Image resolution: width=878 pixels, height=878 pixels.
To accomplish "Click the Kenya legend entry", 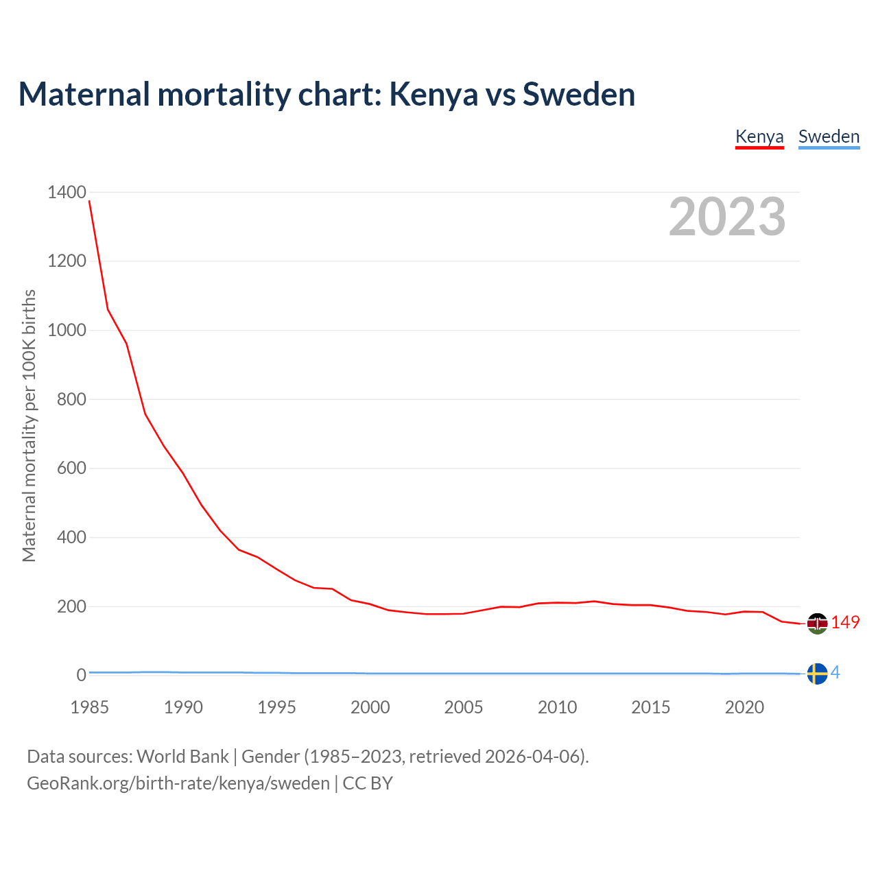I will click(759, 137).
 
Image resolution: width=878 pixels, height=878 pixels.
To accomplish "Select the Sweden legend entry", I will click(829, 137).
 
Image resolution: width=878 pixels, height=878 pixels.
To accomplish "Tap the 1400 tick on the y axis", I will click(67, 192).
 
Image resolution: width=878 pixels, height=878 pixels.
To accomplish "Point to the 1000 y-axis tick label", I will click(67, 330).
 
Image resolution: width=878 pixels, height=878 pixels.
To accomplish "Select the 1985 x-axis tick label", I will click(90, 707).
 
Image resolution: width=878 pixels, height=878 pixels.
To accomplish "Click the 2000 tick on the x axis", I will click(370, 707).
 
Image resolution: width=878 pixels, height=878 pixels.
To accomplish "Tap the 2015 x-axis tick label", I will click(651, 707).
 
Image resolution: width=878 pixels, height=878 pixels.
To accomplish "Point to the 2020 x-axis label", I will click(744, 707).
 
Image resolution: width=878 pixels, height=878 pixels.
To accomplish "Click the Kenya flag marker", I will click(817, 624).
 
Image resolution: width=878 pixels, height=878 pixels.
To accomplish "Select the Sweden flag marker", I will click(817, 674).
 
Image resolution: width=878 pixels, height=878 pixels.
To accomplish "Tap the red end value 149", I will click(845, 622).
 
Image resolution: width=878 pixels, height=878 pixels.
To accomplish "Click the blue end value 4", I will click(835, 673).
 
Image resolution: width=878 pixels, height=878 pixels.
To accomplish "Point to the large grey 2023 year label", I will click(727, 217).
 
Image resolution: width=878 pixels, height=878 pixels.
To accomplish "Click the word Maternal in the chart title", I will click(84, 94).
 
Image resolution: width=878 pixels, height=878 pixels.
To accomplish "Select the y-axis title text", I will click(29, 425).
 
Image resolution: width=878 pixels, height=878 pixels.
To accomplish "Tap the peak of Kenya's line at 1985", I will click(90, 201).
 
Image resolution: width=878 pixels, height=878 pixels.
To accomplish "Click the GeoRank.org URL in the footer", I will click(178, 783).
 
